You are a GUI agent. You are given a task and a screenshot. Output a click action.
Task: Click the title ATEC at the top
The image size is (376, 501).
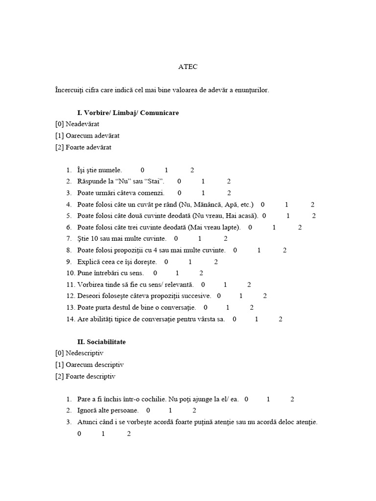pos(188,67)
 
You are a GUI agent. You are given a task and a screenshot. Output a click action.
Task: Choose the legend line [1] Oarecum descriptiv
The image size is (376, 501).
pos(90,364)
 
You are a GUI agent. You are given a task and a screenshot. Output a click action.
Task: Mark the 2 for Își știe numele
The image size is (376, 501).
pos(192,170)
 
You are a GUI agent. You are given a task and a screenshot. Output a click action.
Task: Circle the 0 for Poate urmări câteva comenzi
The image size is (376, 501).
pos(179,193)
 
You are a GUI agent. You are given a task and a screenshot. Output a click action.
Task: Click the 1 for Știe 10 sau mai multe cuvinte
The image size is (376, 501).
pos(200,239)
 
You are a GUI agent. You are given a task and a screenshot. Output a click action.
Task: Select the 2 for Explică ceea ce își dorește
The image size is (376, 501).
pos(216,262)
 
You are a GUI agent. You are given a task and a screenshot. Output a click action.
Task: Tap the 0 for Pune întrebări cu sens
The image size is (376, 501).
pos(155,273)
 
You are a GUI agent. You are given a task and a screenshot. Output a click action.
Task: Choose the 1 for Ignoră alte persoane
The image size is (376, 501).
pos(170,410)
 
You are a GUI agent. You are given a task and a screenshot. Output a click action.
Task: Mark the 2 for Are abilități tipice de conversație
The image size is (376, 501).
pos(281,319)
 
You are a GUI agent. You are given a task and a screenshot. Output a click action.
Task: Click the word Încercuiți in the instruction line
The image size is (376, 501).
pos(70,91)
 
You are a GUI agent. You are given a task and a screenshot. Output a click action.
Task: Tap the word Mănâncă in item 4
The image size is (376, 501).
pos(209,205)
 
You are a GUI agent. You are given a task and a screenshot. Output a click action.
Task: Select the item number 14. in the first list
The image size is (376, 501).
pos(70,319)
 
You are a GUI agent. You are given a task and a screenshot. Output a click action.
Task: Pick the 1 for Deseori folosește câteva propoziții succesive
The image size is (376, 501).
pos(241,296)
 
